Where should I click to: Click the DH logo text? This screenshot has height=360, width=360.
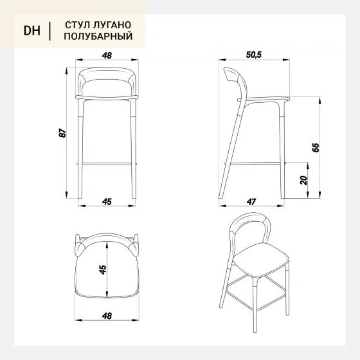[x=32, y=31]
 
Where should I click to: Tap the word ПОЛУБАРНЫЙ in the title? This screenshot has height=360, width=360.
[x=98, y=36]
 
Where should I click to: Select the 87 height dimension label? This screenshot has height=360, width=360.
[x=62, y=133]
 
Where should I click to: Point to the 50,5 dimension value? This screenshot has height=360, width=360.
[x=254, y=55]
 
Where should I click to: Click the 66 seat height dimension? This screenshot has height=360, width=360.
[x=316, y=147]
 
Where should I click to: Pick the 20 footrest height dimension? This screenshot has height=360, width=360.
[x=303, y=180]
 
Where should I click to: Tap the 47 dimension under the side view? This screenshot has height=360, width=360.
[x=251, y=202]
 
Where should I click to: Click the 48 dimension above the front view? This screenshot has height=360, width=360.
[x=107, y=55]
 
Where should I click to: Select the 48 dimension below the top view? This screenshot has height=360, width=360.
[x=107, y=316]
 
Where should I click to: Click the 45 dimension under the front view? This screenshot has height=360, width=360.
[x=107, y=202]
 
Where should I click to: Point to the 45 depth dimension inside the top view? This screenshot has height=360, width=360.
[x=103, y=269]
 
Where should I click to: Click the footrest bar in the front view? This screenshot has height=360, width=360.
[x=107, y=164]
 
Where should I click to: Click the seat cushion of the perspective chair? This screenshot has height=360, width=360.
[x=261, y=259]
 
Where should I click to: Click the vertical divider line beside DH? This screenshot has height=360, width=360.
[x=50, y=31]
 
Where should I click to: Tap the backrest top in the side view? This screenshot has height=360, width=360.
[x=232, y=74]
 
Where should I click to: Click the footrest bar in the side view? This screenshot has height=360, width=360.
[x=255, y=163]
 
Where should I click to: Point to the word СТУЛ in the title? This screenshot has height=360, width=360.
[x=74, y=25]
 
